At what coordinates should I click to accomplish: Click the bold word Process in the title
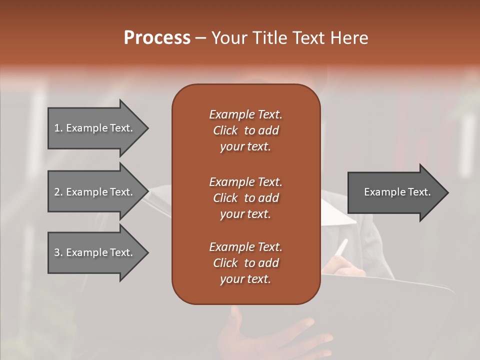(157, 38)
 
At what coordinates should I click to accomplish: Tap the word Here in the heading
(349, 38)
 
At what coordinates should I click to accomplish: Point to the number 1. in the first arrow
(58, 128)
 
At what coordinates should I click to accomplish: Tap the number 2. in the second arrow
(58, 192)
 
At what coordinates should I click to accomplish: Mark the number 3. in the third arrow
(58, 252)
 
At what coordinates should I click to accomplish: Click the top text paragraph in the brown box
(245, 130)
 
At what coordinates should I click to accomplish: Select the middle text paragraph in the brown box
(245, 198)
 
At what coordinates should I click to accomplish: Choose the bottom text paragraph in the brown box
(245, 263)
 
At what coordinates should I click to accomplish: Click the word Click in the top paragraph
(225, 130)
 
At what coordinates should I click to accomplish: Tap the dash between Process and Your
(200, 38)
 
